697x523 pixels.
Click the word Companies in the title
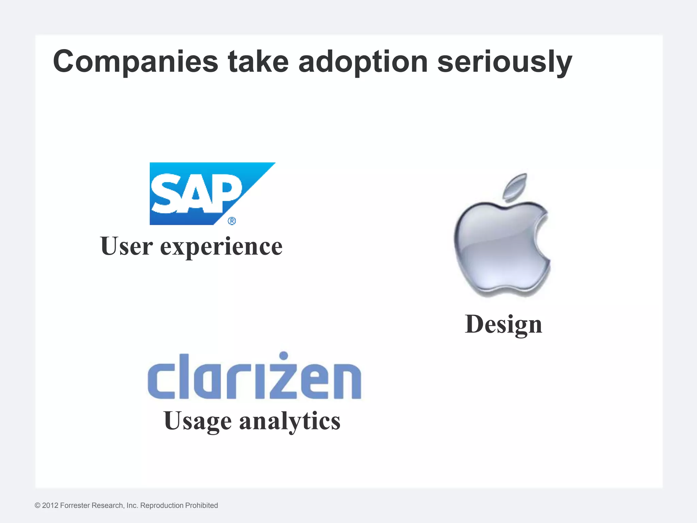pyautogui.click(x=135, y=62)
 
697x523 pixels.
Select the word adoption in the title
pyautogui.click(x=363, y=62)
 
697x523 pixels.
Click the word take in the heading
pyautogui.click(x=258, y=62)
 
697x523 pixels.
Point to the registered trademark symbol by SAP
pyautogui.click(x=231, y=221)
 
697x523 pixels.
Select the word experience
pyautogui.click(x=221, y=247)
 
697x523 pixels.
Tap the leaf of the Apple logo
pyautogui.click(x=516, y=186)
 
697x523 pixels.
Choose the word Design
pyautogui.click(x=503, y=324)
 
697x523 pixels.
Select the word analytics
pyautogui.click(x=290, y=421)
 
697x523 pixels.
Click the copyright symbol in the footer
pyautogui.click(x=37, y=506)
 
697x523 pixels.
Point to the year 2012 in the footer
pyautogui.click(x=50, y=506)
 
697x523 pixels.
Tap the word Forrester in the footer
pyautogui.click(x=75, y=506)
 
